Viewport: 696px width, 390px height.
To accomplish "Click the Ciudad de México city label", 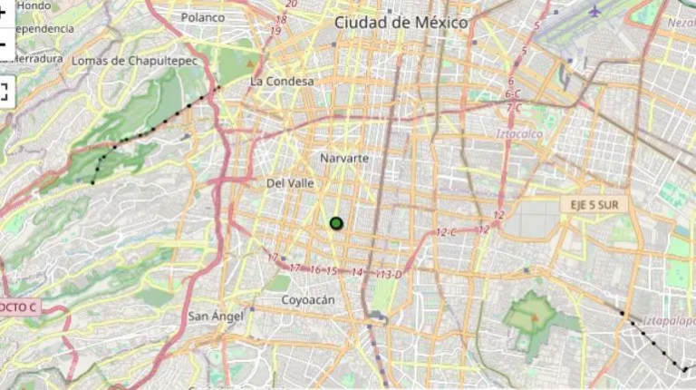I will point(401,22).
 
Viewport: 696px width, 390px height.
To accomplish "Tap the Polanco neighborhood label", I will point(202,17).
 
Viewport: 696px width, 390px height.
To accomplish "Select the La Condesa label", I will point(282,82).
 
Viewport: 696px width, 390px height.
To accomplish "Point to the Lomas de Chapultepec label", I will point(134,61).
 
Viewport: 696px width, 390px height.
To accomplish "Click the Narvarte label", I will point(344,159).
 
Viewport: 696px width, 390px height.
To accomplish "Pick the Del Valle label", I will point(290,183).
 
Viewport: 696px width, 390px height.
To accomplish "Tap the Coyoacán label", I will point(308,300).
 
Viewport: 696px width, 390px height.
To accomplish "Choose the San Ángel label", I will point(216,317).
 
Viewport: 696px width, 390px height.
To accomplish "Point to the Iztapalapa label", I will point(669,320).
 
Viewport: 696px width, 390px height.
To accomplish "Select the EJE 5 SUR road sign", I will point(594,205).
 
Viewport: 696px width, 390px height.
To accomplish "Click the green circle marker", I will point(336,223).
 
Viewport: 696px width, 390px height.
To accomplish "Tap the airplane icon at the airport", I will point(594,11).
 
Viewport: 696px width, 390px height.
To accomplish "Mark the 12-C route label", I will point(446,233).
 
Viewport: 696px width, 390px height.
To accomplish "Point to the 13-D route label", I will point(391,274).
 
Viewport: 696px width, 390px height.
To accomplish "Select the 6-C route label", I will point(514,94).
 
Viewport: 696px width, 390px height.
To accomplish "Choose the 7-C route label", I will point(514,108).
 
